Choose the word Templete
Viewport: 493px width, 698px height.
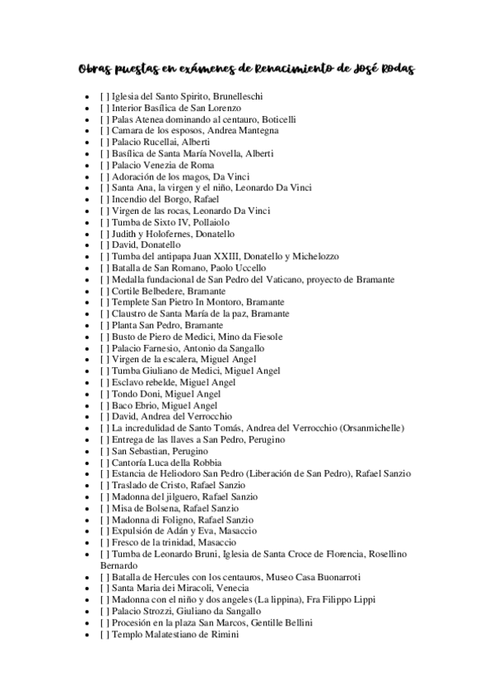pos(132,302)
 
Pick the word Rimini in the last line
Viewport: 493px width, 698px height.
pos(225,635)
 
